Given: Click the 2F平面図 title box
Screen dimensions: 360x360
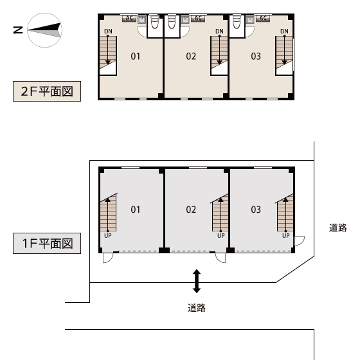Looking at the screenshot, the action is click(47, 91).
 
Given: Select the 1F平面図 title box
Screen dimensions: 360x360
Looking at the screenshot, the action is click(47, 244).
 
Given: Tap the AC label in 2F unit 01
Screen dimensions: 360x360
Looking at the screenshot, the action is click(129, 18).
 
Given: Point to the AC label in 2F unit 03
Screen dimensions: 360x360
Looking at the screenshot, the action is click(263, 18).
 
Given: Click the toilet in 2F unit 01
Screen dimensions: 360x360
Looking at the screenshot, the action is click(155, 22).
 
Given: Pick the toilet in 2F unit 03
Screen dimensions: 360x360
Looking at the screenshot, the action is click(237, 22).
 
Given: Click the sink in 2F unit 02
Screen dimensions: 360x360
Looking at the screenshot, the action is click(185, 20).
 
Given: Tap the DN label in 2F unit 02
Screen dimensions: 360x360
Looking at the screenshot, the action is click(219, 32).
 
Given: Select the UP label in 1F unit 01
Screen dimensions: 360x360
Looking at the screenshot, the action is click(108, 235).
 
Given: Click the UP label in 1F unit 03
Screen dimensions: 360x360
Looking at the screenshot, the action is click(286, 235).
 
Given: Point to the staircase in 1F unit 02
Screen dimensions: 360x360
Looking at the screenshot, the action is click(220, 213).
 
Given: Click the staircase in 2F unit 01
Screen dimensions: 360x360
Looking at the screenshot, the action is click(108, 55).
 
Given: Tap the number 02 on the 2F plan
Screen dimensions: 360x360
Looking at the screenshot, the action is click(191, 57).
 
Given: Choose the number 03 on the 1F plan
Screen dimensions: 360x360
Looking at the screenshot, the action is click(256, 210).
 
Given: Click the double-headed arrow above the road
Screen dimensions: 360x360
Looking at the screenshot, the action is click(197, 282).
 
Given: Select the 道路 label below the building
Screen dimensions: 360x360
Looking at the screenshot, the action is click(197, 308).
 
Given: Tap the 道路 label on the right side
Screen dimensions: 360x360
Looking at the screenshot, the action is click(337, 228).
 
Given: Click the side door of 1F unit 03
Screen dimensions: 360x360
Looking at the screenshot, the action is click(299, 240).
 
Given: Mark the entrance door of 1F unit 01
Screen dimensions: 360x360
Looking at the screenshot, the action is click(108, 258).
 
